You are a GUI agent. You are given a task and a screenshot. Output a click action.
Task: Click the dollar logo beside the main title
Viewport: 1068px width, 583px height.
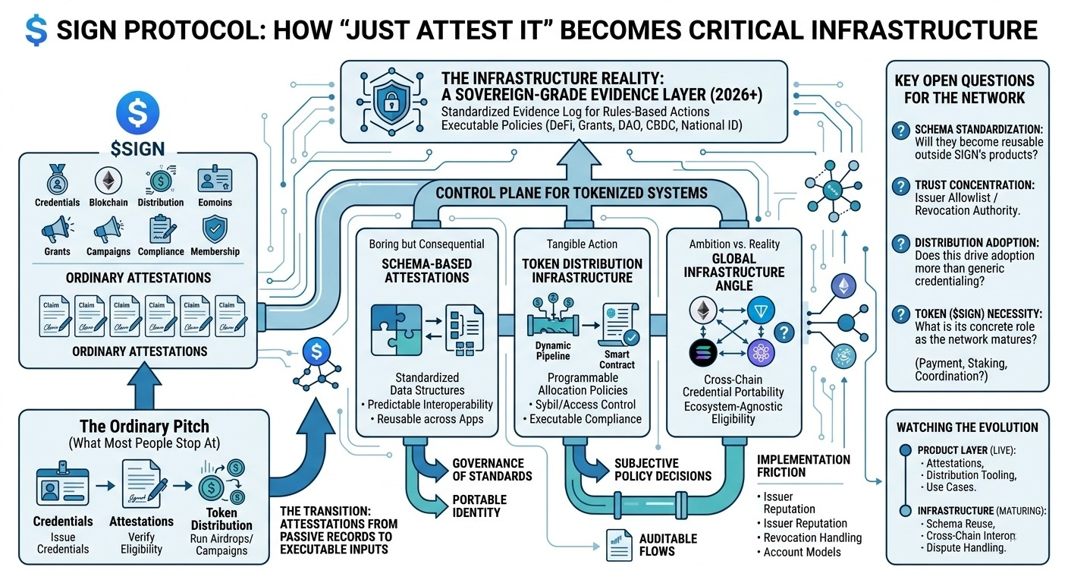[x=36, y=30]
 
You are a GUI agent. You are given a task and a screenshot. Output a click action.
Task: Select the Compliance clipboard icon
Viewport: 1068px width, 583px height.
[x=161, y=229]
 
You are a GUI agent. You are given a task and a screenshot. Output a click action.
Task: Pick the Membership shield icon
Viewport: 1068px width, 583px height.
[x=215, y=229]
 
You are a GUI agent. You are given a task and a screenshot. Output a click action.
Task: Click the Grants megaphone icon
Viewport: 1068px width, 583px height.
[x=57, y=229]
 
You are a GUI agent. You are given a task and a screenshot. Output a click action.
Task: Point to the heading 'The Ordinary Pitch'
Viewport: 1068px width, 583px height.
[x=143, y=426]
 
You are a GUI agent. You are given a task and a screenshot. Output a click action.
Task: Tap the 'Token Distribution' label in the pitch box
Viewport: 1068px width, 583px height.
[x=221, y=518]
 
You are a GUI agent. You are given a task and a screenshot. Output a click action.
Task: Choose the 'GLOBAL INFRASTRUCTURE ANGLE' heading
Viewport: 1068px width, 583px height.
[x=733, y=272]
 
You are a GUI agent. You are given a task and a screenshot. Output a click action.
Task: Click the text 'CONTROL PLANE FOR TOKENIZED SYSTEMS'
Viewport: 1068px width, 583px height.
[x=571, y=193]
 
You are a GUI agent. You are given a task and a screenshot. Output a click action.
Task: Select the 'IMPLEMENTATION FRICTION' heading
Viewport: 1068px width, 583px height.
[x=803, y=466]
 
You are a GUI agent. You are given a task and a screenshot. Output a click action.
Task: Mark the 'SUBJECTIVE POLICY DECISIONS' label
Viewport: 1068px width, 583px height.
[x=662, y=469]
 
